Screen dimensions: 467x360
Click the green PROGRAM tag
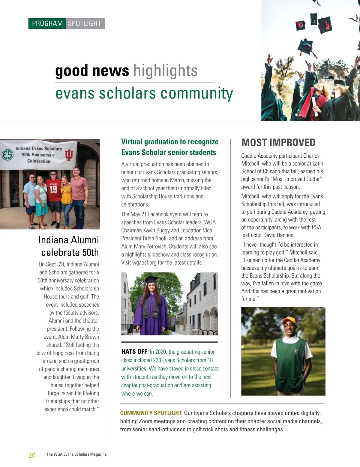tap(47, 23)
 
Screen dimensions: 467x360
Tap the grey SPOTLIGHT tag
tap(85, 23)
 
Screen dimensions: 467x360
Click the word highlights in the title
tap(165, 71)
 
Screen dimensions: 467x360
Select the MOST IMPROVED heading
tap(278, 142)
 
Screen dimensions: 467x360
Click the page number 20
tap(32, 455)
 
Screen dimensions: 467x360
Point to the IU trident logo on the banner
tap(69, 155)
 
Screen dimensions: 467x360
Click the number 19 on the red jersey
tap(53, 189)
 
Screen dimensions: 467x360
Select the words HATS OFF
tap(134, 352)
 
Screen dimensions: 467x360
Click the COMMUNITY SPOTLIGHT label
tap(151, 413)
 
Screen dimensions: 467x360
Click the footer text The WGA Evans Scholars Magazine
tap(76, 454)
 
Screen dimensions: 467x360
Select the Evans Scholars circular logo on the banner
tap(7, 155)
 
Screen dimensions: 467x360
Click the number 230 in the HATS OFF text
tap(157, 360)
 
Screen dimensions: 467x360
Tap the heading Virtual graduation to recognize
tap(170, 142)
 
